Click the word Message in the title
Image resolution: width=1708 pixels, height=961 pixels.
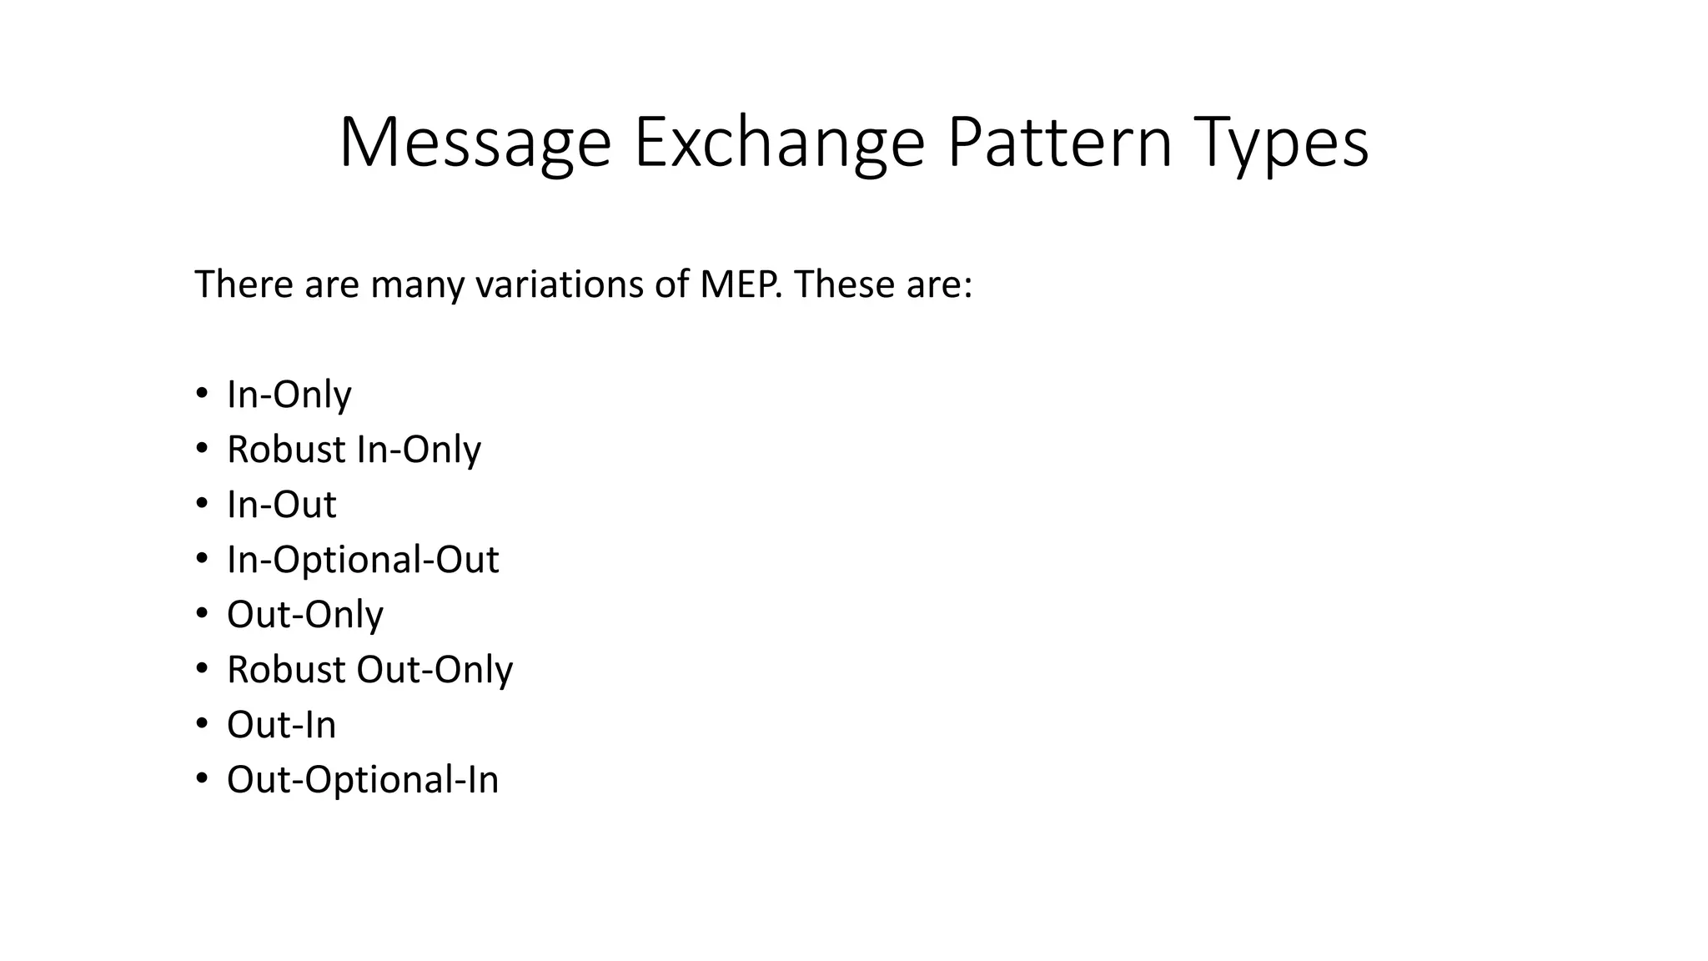point(475,143)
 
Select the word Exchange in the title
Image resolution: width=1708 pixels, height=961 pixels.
point(779,143)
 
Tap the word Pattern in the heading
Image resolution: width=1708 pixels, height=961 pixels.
point(1059,143)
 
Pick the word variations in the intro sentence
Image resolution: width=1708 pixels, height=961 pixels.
point(558,284)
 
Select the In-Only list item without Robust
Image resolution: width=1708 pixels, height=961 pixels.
point(289,395)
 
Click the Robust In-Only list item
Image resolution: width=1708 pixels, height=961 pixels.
point(354,450)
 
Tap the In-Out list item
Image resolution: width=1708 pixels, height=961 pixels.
point(281,505)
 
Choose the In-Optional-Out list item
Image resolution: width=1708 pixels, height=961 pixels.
point(363,560)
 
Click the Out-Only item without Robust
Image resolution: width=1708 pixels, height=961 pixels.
point(304,615)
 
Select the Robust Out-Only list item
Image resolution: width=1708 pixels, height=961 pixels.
point(369,670)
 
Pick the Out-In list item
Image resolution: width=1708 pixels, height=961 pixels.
point(281,725)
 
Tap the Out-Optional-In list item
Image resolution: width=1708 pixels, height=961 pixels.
point(363,780)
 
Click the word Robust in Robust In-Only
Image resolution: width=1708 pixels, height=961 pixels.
point(285,450)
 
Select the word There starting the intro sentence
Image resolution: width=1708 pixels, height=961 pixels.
point(244,284)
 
